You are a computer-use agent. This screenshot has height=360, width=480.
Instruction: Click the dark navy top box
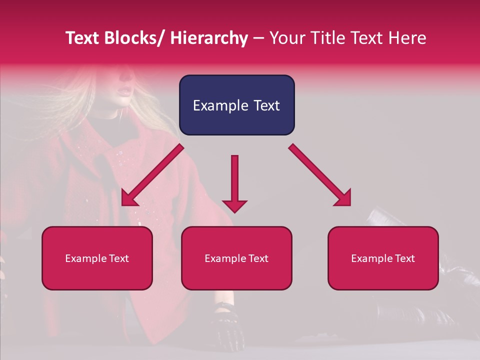click(236, 105)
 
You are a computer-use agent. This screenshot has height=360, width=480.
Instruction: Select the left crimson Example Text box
click(97, 258)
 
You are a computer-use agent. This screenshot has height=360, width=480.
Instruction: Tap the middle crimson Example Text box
click(236, 258)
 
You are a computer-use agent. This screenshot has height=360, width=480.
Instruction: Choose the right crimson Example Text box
click(383, 258)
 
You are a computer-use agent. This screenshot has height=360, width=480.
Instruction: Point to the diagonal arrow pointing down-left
click(151, 176)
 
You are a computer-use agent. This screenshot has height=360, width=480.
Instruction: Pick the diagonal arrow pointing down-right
click(320, 175)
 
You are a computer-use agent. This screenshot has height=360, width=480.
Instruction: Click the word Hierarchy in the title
click(209, 38)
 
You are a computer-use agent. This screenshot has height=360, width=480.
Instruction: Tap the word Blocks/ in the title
click(134, 38)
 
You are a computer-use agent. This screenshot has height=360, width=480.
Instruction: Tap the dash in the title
click(258, 38)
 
